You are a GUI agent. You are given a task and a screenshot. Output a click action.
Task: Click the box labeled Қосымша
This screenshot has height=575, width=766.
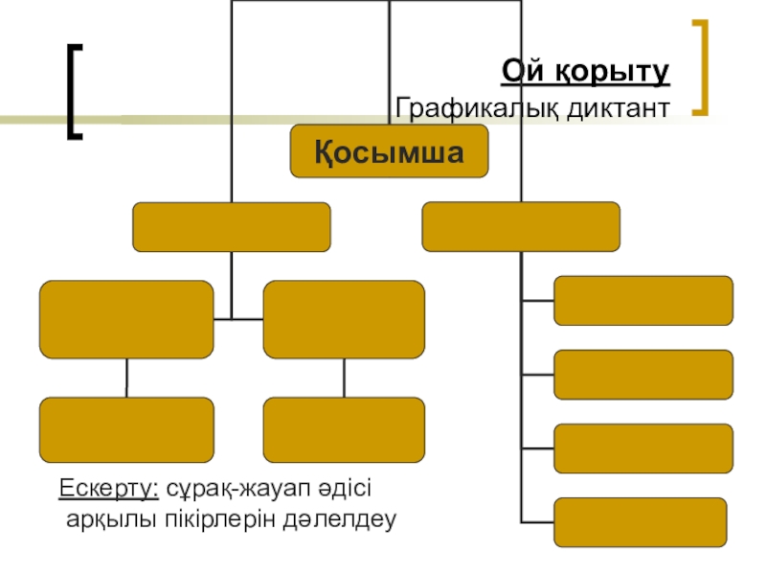point(389,152)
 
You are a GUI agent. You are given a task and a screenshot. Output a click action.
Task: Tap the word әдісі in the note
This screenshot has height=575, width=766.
point(343,490)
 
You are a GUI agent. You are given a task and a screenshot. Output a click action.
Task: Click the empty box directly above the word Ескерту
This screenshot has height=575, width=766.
point(126,429)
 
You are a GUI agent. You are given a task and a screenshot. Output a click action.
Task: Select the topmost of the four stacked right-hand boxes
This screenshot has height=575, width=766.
point(643,301)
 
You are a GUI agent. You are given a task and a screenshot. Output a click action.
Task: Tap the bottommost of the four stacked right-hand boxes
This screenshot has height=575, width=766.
point(642,522)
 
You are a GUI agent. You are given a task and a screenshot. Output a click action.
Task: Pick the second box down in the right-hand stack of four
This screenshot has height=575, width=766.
point(643,374)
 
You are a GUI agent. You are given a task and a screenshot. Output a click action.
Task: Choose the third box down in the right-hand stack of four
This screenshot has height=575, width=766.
point(643,448)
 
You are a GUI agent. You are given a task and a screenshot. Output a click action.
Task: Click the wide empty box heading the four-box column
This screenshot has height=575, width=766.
point(521,227)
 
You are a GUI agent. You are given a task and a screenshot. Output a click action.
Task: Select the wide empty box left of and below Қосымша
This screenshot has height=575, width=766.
point(232,227)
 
